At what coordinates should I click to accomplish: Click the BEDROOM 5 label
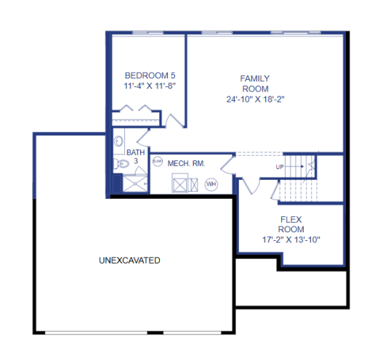[x=150, y=75]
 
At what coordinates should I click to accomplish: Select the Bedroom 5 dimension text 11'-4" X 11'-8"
[x=150, y=86]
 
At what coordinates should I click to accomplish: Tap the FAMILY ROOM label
[x=255, y=83]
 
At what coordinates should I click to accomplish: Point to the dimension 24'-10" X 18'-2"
[x=255, y=99]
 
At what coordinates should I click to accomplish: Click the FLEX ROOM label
[x=291, y=224]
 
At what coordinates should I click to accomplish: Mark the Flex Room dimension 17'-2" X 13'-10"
[x=291, y=239]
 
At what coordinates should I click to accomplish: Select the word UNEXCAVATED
[x=129, y=260]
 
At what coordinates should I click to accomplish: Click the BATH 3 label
[x=135, y=157]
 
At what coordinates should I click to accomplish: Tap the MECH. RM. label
[x=186, y=164]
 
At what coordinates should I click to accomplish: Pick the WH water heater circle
[x=211, y=184]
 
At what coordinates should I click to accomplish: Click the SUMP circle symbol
[x=157, y=163]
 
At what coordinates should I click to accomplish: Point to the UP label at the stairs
[x=280, y=167]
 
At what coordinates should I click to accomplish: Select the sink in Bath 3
[x=119, y=141]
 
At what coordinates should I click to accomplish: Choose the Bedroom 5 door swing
[x=175, y=120]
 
